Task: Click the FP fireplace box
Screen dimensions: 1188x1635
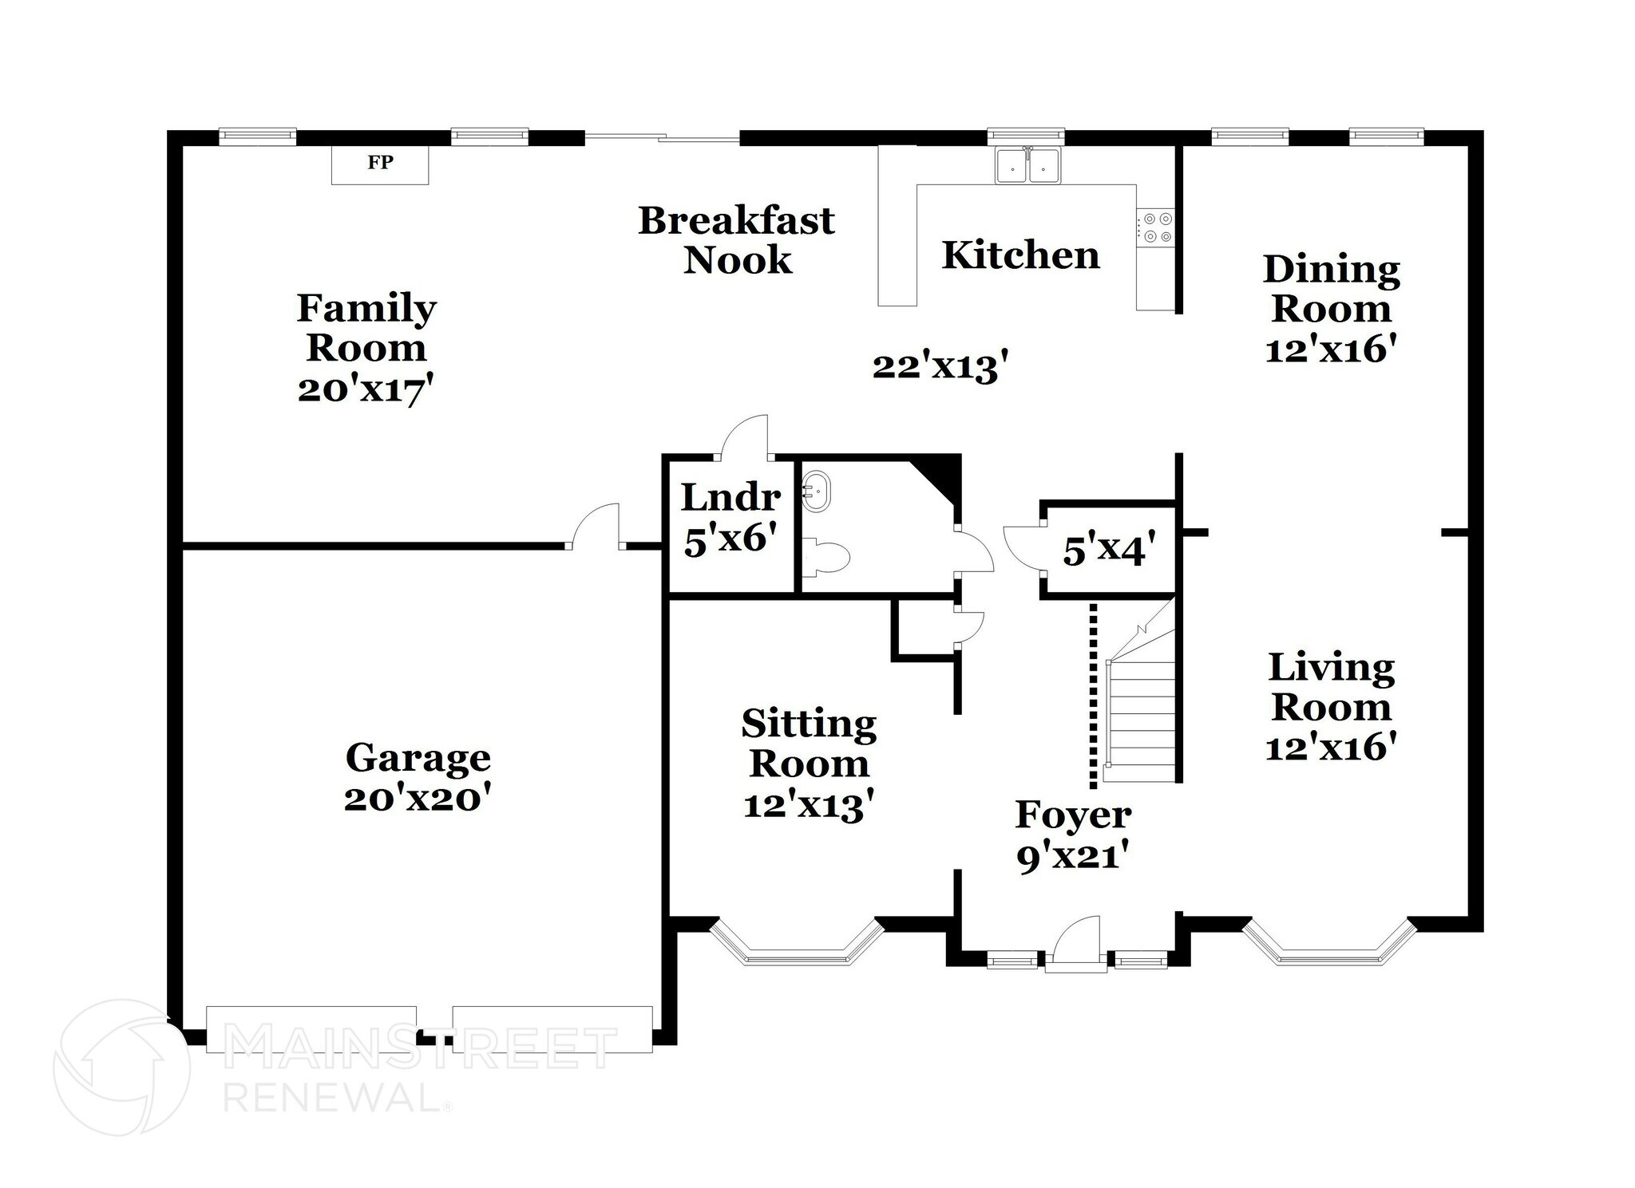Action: [x=380, y=164]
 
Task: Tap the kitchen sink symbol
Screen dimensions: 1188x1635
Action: [x=1027, y=167]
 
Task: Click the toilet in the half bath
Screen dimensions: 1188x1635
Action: [x=829, y=557]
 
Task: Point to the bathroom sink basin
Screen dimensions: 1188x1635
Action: [x=817, y=490]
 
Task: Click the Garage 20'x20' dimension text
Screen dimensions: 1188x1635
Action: [x=416, y=799]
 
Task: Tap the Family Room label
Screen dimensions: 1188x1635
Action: [x=366, y=327]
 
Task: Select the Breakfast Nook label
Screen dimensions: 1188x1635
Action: [x=736, y=240]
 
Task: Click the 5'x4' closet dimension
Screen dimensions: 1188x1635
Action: [x=1109, y=551]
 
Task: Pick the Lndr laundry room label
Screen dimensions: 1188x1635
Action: [x=730, y=499]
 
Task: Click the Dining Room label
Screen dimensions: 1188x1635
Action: [x=1331, y=289]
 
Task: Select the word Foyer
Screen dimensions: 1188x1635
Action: [x=1073, y=815]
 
